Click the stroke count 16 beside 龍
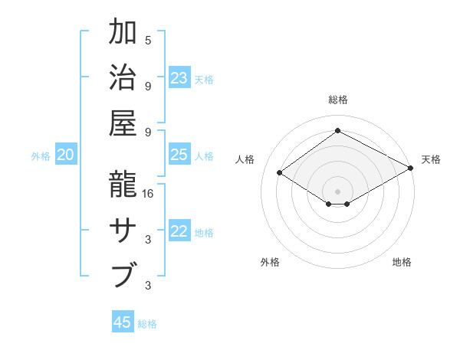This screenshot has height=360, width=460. (149, 194)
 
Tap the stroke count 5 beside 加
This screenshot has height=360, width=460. (148, 40)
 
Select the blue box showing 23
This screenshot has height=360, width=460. (179, 78)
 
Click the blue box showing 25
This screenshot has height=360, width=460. (179, 155)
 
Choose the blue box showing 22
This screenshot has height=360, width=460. (179, 232)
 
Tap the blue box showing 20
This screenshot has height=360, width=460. (65, 155)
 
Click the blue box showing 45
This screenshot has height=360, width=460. (123, 322)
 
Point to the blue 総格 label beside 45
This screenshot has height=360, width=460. (147, 324)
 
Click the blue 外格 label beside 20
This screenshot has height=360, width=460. (41, 156)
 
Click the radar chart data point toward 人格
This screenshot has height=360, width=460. (280, 173)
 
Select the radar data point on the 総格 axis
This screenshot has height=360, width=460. (337, 130)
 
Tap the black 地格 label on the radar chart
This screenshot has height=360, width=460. (402, 262)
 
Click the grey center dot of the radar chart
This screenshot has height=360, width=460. (337, 191)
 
